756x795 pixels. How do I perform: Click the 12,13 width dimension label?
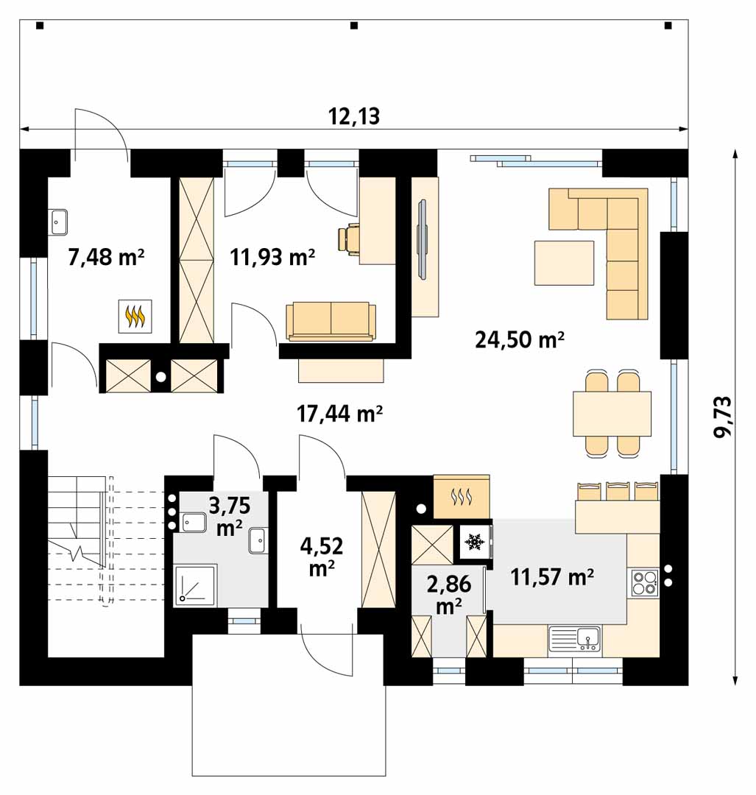pos(354,116)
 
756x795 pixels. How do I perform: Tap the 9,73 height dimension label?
pos(723,417)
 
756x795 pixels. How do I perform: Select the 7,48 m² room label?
pos(107,257)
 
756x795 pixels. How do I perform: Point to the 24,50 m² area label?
pos(520,339)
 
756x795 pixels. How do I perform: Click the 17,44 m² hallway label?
pos(339,414)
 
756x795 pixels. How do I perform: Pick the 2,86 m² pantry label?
pos(449,594)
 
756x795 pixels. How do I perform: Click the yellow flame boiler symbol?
pos(135,317)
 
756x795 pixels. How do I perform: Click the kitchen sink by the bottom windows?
pos(574,639)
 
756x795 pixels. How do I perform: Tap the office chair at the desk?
pos(348,237)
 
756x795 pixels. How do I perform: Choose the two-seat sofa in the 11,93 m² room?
pos(331,321)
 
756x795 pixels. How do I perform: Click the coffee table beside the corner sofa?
pos(564,263)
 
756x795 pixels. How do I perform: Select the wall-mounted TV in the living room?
pos(422,239)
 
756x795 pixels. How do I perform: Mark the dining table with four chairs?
pos(612,414)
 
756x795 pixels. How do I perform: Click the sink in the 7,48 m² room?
pos(59,222)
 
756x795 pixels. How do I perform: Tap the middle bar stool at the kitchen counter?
pos(618,491)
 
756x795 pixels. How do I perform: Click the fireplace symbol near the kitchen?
pos(462,496)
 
